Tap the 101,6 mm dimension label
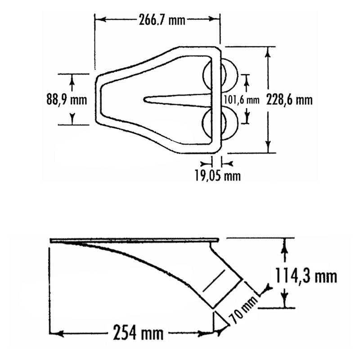point(242,99)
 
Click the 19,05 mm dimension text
point(217,175)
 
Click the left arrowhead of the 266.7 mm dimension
point(99,20)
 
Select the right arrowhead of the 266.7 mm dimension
point(216,20)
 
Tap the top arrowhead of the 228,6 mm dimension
point(268,51)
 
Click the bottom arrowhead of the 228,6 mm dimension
point(268,148)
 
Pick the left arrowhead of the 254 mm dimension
point(54,333)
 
